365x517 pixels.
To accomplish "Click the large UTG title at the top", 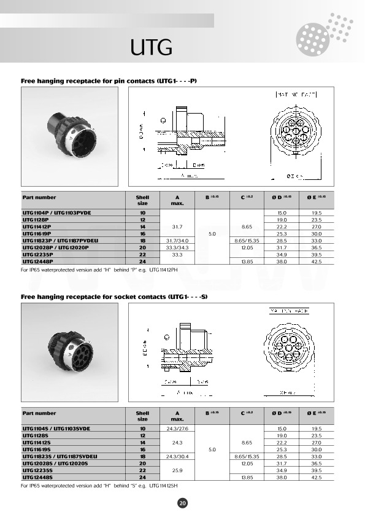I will (150, 47).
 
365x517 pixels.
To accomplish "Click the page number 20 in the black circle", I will (182, 503).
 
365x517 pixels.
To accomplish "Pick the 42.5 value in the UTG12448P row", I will (317, 262).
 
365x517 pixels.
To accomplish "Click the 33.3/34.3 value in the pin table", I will (177, 247).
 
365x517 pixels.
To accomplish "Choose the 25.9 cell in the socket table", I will (177, 469).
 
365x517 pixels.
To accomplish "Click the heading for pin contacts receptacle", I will (109, 80).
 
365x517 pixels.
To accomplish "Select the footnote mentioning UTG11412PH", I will (99, 270).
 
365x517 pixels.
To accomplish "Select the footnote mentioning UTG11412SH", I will (99, 485).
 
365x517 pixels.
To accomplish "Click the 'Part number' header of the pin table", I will (39, 198).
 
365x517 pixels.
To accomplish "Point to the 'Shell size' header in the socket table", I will (142, 416).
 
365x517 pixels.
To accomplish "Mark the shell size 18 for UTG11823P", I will (142, 241).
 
